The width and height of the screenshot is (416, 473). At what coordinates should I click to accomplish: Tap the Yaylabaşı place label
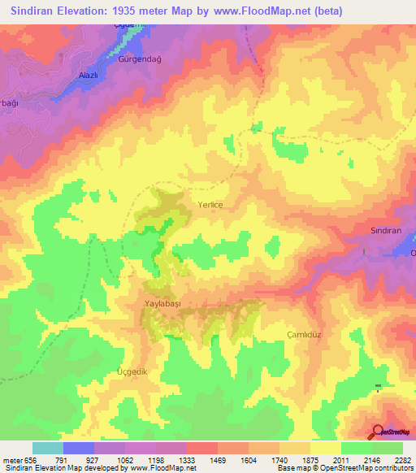click(162, 302)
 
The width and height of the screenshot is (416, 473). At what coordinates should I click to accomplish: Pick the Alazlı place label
click(87, 75)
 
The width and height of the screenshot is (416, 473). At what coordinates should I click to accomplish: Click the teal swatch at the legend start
click(47, 448)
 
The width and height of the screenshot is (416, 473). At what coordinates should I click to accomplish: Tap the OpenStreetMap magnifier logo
click(377, 432)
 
